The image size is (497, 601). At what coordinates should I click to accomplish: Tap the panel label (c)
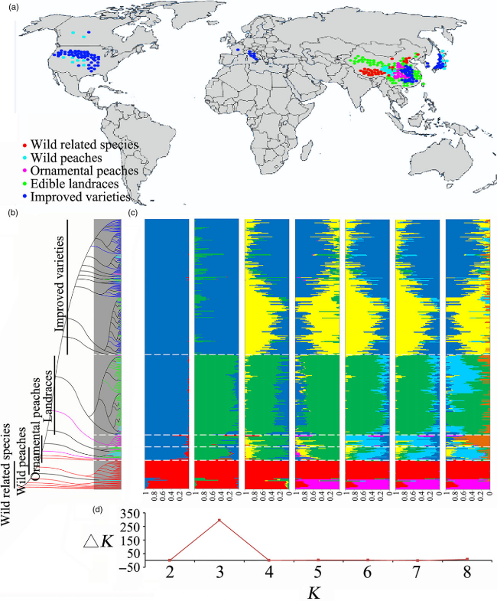coord(135,213)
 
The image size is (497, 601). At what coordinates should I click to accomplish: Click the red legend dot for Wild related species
coord(27,144)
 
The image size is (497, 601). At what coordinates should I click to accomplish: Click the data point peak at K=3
coord(219,521)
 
